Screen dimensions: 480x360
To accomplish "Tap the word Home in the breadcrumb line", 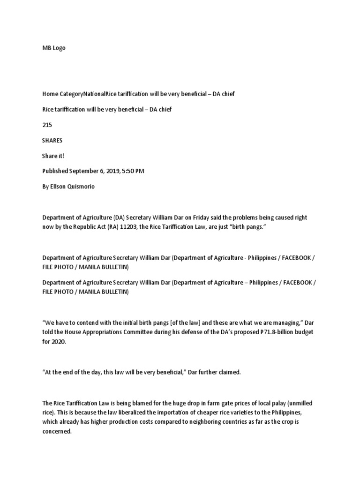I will click(51, 94).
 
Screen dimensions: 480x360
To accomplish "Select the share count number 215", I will click(47, 125).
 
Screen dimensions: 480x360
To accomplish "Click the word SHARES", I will click(52, 140).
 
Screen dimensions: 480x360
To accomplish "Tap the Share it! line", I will click(53, 156).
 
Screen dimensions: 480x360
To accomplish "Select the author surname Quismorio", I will click(81, 187).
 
